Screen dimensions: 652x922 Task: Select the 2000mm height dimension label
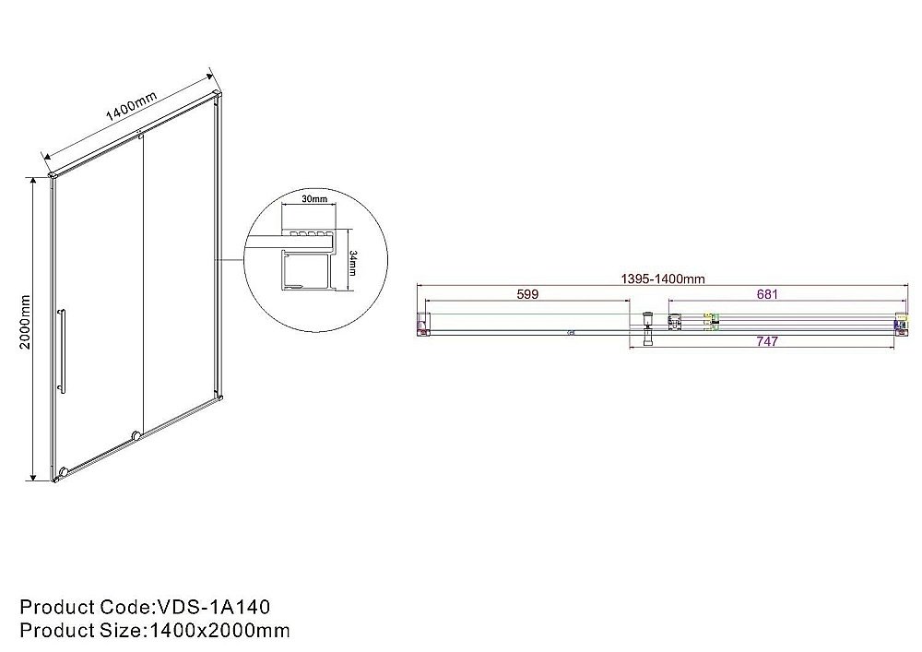coord(26,322)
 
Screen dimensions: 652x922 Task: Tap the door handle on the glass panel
coord(62,351)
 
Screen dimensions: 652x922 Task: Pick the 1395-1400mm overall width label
coord(661,279)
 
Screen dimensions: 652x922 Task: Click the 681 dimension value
coord(768,295)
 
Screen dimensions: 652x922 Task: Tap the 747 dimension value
coord(767,341)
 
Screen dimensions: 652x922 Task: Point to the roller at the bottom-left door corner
coord(63,473)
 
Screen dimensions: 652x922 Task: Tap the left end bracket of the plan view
coord(423,322)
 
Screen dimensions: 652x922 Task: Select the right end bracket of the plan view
coord(900,322)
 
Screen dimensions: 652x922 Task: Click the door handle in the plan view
coord(648,327)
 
